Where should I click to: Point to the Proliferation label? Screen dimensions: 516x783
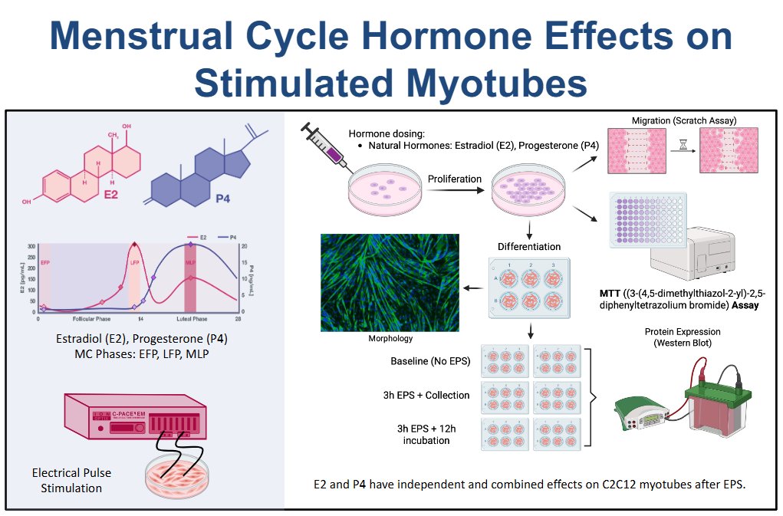point(455,179)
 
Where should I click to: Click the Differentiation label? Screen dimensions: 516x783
point(528,246)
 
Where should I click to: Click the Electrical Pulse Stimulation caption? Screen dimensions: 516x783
point(67,481)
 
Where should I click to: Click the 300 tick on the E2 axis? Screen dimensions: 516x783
point(31,245)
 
